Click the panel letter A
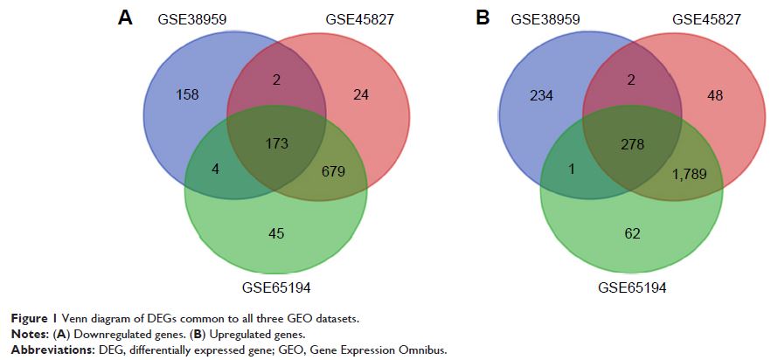pyautogui.click(x=126, y=17)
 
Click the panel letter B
pyautogui.click(x=482, y=17)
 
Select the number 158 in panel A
pyautogui.click(x=188, y=93)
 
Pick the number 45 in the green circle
pyautogui.click(x=276, y=232)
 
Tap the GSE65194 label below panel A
pyautogui.click(x=276, y=286)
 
